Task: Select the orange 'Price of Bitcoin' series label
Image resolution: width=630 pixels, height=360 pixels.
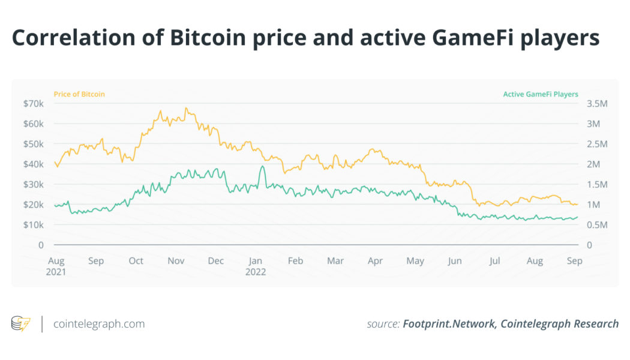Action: click(x=79, y=94)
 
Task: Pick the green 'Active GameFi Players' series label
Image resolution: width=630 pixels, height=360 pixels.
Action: click(x=541, y=94)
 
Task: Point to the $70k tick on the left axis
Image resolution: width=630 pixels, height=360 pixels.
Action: click(x=34, y=104)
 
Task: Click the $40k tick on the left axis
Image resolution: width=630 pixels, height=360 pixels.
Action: click(x=34, y=164)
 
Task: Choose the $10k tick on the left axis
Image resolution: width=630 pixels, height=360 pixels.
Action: click(x=34, y=225)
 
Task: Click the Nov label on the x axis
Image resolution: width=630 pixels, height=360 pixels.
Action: click(x=176, y=261)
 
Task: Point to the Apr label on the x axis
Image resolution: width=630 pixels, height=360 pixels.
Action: click(x=375, y=261)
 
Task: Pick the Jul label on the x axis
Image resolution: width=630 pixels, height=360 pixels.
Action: click(x=495, y=261)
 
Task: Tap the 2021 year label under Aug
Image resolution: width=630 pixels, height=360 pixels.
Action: click(x=56, y=271)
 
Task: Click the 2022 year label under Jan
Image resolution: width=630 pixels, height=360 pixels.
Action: click(x=256, y=271)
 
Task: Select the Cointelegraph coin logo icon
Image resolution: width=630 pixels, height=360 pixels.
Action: click(x=21, y=324)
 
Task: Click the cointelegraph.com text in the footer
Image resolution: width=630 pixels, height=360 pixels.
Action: click(x=99, y=324)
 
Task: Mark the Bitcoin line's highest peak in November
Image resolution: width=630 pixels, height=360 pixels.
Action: click(x=186, y=109)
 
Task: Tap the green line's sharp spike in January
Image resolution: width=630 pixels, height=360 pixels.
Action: click(x=262, y=166)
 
